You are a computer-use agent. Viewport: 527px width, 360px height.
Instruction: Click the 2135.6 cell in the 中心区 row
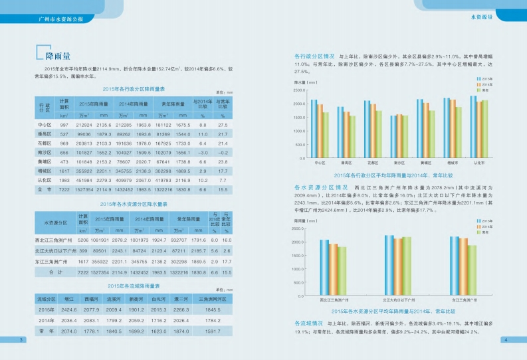pos(103,125)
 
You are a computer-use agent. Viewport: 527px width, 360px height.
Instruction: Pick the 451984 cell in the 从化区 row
pos(84,180)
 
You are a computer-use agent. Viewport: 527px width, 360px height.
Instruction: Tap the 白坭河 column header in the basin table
pos(158,300)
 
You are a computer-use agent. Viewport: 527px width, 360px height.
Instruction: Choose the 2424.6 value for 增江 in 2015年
pos(69,310)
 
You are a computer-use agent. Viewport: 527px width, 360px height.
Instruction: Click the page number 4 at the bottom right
pos(506,340)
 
